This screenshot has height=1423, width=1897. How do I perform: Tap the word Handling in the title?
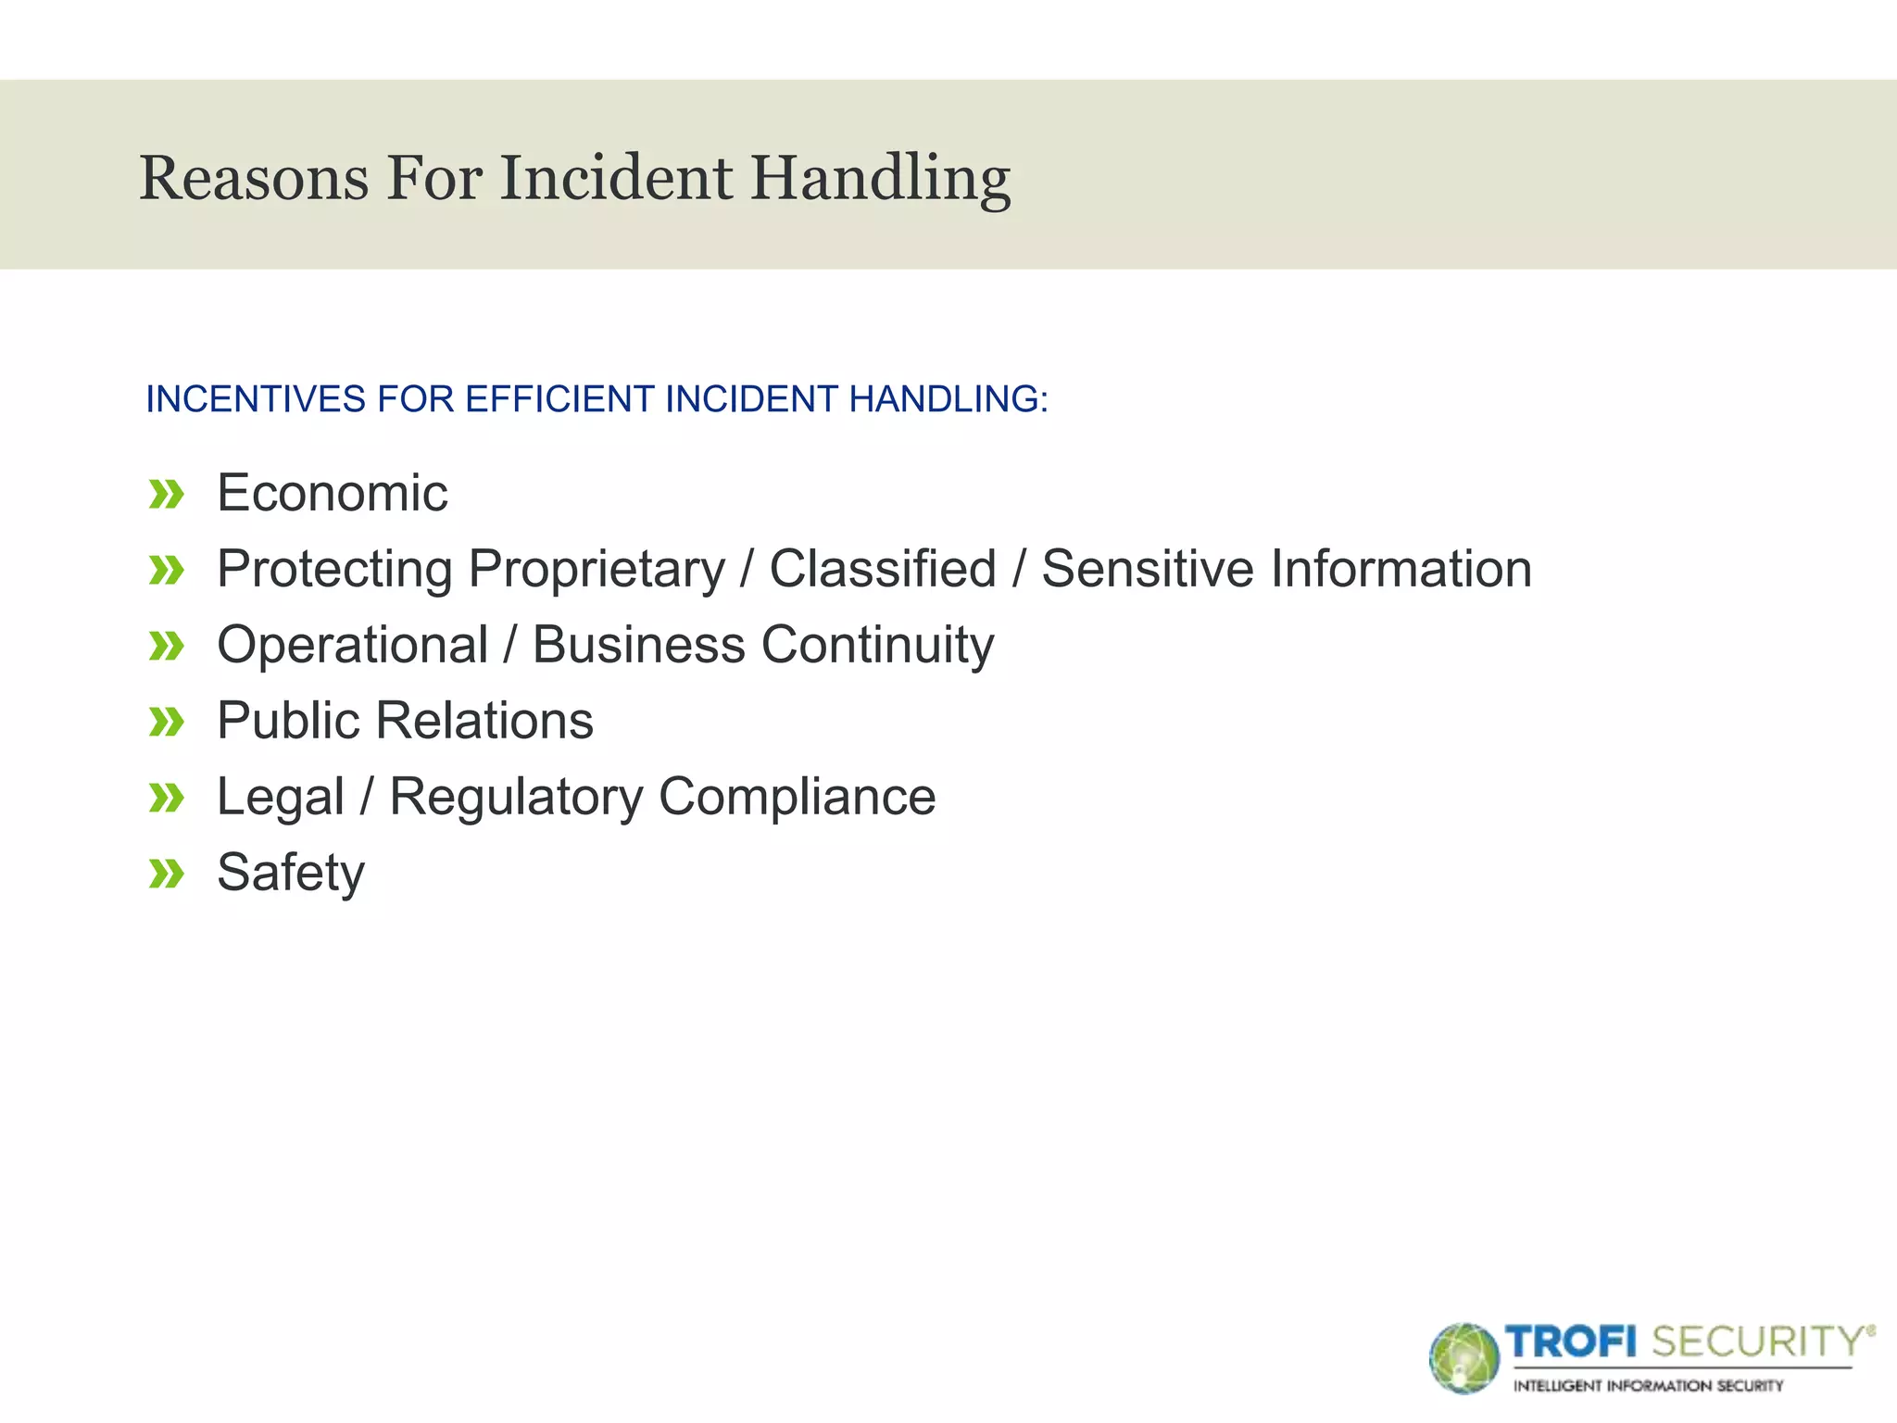[x=880, y=178]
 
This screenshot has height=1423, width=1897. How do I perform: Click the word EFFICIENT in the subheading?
[x=560, y=399]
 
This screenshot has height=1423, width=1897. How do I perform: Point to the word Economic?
[x=332, y=493]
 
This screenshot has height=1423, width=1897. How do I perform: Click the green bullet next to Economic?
[x=167, y=495]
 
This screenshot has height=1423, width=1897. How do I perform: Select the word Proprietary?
[x=597, y=569]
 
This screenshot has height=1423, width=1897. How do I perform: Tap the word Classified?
[x=883, y=569]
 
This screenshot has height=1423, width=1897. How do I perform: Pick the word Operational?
[x=352, y=645]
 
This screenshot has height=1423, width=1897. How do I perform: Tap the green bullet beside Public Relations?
[x=167, y=722]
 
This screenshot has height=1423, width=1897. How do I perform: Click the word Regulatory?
[x=515, y=797]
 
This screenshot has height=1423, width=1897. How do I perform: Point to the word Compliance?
[x=798, y=797]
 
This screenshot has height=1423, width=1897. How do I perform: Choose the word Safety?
[x=291, y=873]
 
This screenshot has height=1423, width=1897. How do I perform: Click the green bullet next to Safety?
[x=167, y=874]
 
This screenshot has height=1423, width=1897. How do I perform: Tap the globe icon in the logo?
[x=1464, y=1358]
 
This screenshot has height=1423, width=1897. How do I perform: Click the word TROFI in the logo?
[x=1571, y=1341]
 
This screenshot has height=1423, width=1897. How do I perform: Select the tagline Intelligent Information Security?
[x=1648, y=1386]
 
